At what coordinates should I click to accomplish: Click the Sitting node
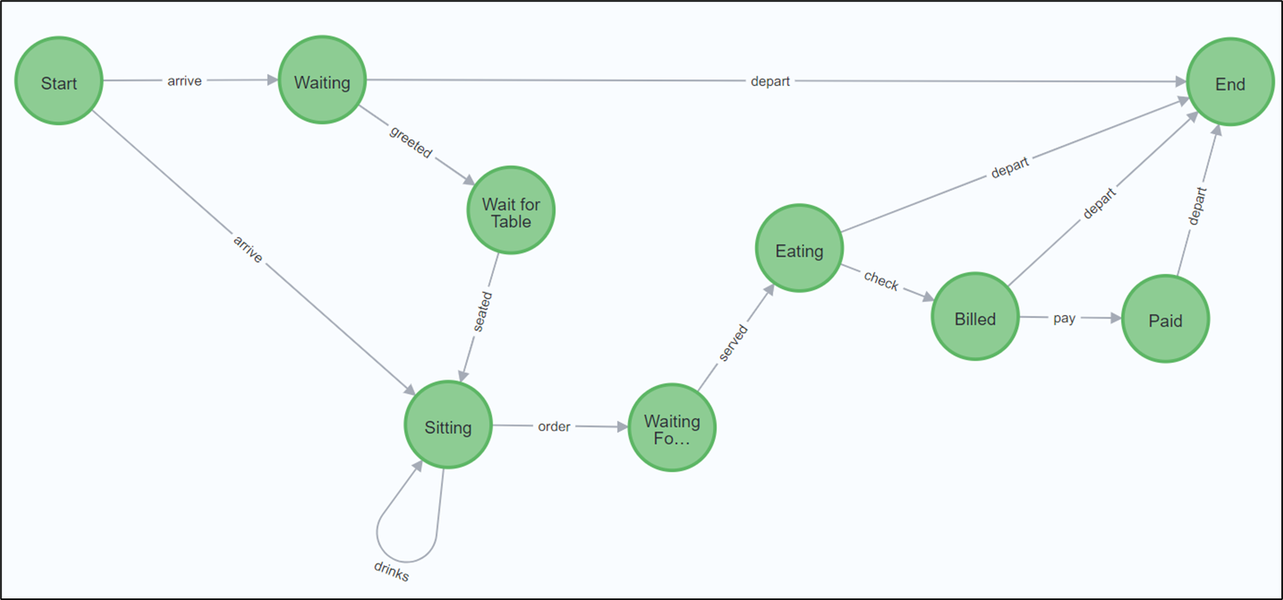448,426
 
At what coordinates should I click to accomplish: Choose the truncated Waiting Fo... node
672,428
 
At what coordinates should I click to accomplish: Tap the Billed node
975,317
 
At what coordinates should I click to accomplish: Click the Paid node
1165,319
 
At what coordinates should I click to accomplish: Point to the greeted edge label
411,143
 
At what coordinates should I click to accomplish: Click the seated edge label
482,311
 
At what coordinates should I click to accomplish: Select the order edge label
554,426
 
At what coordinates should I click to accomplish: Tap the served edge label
732,343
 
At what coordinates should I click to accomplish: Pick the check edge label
881,281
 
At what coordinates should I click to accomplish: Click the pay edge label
1064,318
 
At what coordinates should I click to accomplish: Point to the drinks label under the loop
391,571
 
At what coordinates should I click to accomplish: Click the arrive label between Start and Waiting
184,80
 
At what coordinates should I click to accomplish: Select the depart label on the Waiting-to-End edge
769,81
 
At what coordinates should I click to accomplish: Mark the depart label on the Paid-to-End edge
1196,206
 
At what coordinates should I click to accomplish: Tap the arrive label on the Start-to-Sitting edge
248,250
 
